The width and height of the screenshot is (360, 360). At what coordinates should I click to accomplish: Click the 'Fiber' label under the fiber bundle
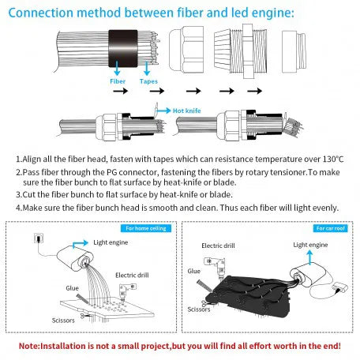pyautogui.click(x=117, y=81)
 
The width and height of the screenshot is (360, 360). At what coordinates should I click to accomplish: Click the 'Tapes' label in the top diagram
pyautogui.click(x=148, y=81)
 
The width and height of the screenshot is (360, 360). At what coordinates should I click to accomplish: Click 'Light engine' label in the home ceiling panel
pyautogui.click(x=111, y=243)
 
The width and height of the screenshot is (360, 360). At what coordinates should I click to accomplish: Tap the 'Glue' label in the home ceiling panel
pyautogui.click(x=72, y=288)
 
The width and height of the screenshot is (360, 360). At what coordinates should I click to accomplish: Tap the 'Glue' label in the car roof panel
pyautogui.click(x=194, y=271)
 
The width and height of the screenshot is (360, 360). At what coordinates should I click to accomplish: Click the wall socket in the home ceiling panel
pyautogui.click(x=36, y=238)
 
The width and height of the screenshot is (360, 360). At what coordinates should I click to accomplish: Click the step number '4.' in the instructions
pyautogui.click(x=19, y=208)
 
